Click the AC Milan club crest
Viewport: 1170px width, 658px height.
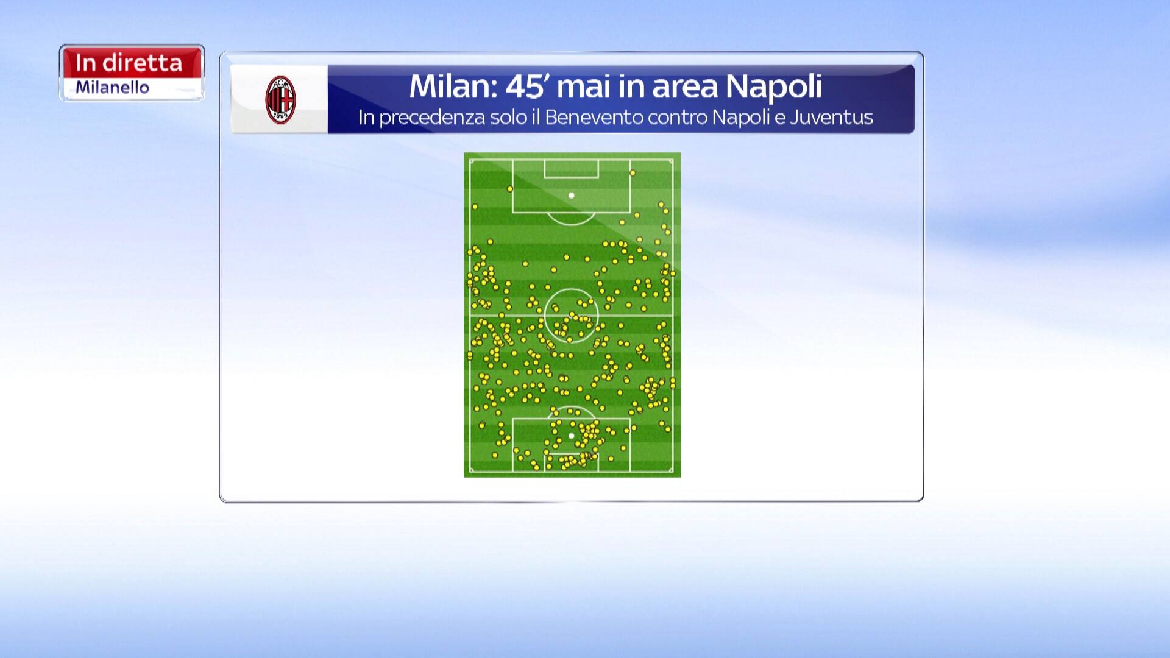tap(280, 100)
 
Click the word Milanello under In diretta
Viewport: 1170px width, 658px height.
tap(112, 88)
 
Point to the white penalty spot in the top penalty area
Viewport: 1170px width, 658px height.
tap(571, 196)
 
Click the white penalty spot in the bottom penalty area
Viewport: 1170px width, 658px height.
tap(571, 436)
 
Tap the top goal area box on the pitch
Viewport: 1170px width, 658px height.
tap(571, 169)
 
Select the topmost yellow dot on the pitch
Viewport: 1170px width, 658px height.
tap(633, 173)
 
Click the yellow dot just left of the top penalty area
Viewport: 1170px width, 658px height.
tap(510, 189)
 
